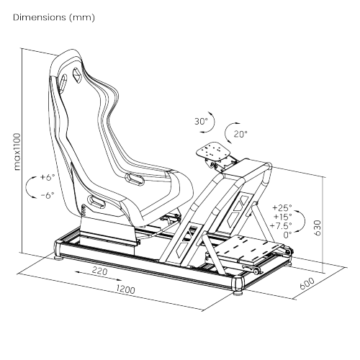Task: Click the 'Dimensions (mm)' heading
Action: click(54, 17)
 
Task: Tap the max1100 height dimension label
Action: click(17, 152)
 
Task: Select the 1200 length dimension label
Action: click(125, 289)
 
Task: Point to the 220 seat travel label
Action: click(99, 271)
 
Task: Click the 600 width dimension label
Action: click(307, 284)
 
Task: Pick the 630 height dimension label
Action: click(317, 228)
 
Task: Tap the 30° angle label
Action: click(201, 122)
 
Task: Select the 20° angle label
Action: click(240, 134)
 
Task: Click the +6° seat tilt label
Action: click(48, 177)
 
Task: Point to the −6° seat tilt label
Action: click(48, 195)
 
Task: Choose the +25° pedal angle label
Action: click(282, 207)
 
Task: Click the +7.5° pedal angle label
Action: click(281, 225)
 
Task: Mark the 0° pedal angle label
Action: click(287, 235)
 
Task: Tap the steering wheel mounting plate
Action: click(213, 151)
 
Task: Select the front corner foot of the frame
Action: click(238, 286)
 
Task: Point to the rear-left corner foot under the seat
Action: click(58, 251)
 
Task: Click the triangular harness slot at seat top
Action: click(77, 75)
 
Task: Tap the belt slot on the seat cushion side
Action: click(135, 179)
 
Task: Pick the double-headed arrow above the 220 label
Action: click(99, 276)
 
